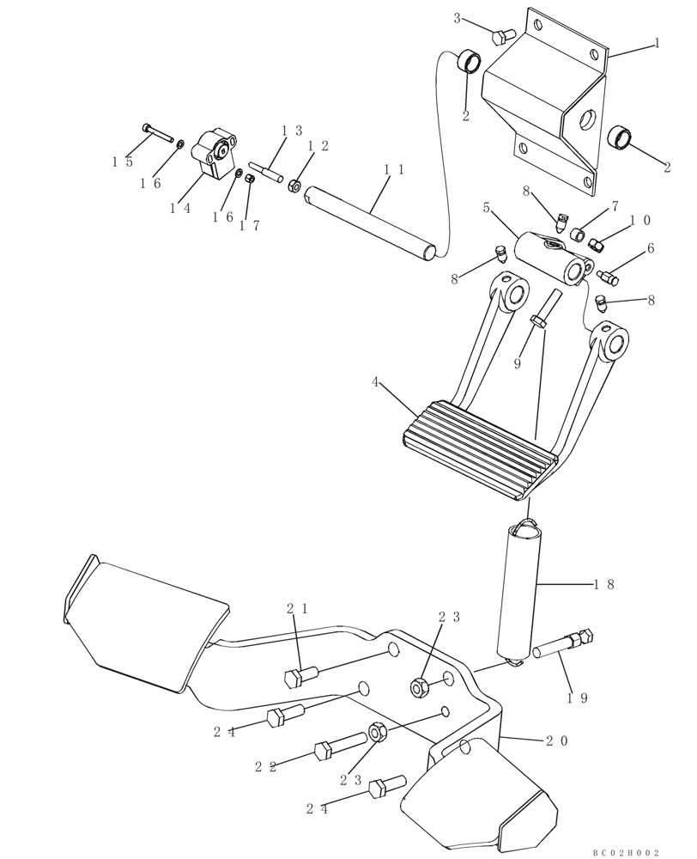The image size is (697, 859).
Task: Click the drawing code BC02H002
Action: click(x=625, y=852)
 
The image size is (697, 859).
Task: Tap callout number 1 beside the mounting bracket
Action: click(x=657, y=42)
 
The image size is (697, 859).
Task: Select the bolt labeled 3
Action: click(x=503, y=35)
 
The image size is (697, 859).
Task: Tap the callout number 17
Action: click(x=250, y=226)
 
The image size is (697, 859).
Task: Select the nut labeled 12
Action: click(x=294, y=184)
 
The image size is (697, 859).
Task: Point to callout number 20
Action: click(x=555, y=740)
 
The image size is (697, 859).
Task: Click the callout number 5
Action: click(x=486, y=208)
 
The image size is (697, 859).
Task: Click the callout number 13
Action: click(x=293, y=131)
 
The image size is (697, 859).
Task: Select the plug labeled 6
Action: click(x=609, y=277)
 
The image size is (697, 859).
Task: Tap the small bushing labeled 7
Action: click(x=579, y=235)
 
